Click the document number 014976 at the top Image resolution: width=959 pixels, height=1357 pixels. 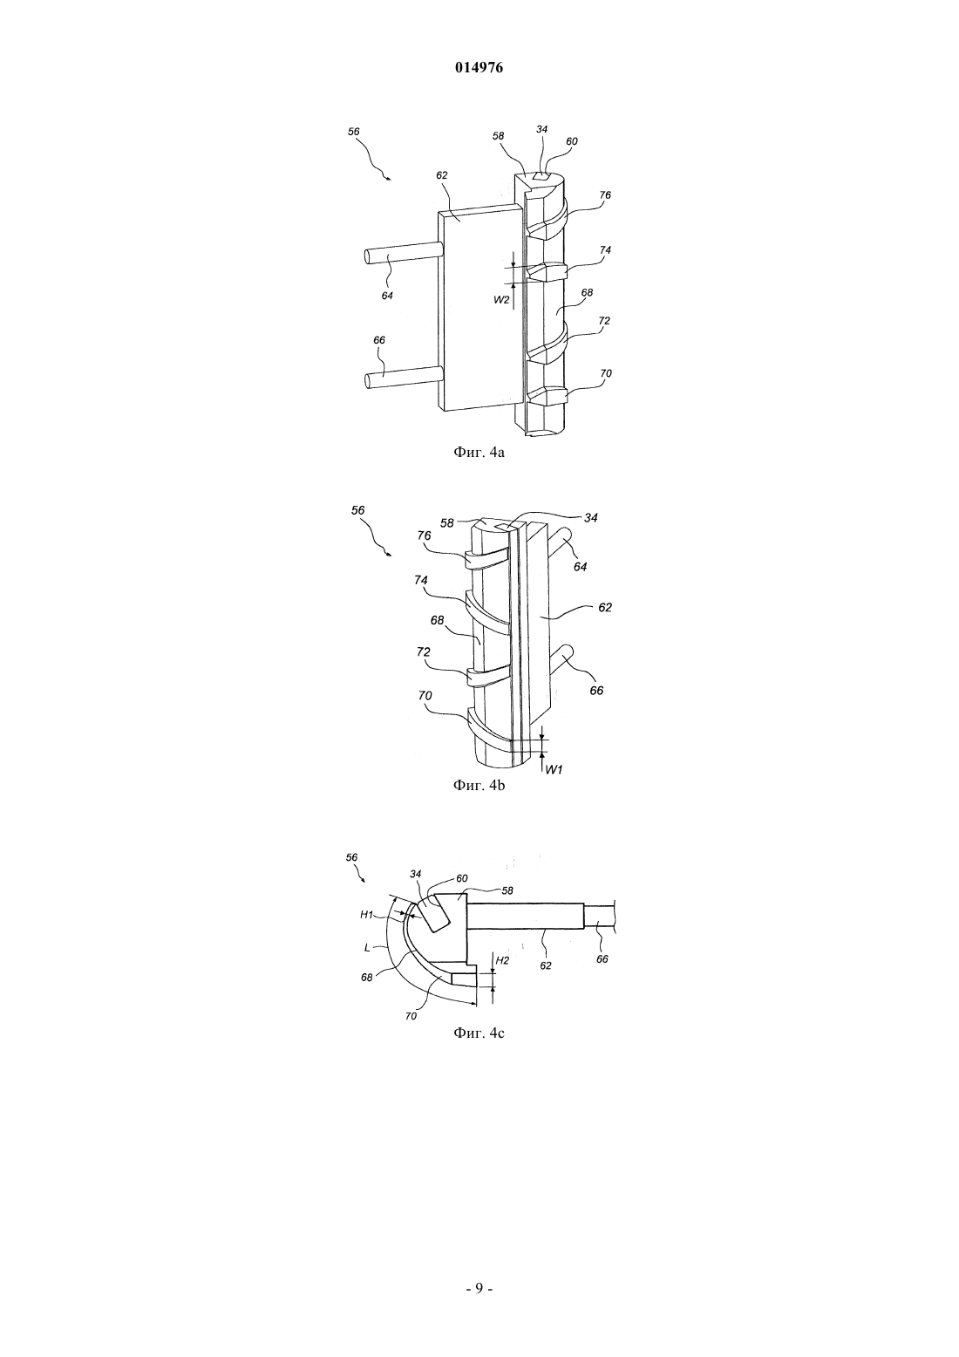[479, 68]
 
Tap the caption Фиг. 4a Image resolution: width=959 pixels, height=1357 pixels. [479, 452]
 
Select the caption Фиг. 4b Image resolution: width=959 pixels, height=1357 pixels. [479, 785]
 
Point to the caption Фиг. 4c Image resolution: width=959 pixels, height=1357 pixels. [479, 1033]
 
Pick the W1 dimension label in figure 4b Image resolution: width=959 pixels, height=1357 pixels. [555, 769]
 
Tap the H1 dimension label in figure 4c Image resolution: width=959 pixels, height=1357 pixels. [367, 915]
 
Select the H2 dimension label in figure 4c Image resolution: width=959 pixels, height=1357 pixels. [502, 960]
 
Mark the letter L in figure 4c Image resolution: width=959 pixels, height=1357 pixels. [367, 947]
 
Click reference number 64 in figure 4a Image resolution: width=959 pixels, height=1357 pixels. [387, 296]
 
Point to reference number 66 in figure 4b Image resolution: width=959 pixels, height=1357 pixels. [596, 690]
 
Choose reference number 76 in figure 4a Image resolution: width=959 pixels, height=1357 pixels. [605, 195]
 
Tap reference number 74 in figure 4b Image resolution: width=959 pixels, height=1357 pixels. [421, 580]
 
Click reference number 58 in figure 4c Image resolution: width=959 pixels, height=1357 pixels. [507, 890]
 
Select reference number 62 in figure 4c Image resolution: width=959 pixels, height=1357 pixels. [546, 965]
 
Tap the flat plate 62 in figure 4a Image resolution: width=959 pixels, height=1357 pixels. [479, 308]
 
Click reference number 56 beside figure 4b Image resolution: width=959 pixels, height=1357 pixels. [357, 510]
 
